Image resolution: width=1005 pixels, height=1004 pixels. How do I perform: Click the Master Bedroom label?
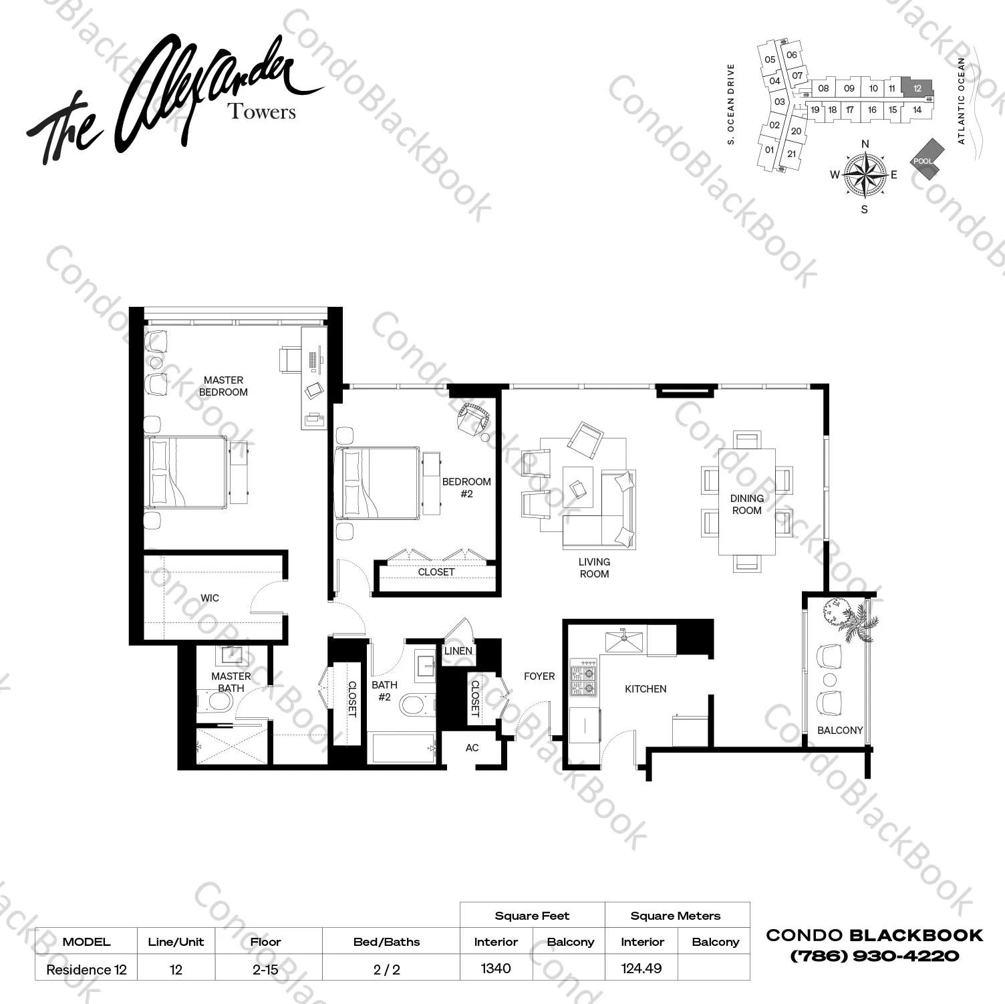pyautogui.click(x=223, y=386)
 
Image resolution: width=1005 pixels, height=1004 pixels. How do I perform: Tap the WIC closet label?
pyautogui.click(x=210, y=598)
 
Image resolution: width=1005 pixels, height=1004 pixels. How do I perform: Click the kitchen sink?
pyautogui.click(x=624, y=640)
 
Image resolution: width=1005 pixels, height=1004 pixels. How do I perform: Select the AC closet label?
pyautogui.click(x=472, y=748)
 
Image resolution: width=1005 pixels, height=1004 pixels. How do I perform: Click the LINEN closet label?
pyautogui.click(x=458, y=650)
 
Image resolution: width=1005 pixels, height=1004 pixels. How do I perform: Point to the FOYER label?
pyautogui.click(x=539, y=676)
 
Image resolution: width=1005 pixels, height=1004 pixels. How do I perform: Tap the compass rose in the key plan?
pyautogui.click(x=865, y=175)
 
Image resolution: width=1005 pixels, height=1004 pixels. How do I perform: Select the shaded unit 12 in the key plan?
pyautogui.click(x=917, y=88)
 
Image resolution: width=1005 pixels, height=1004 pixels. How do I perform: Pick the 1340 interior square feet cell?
pyautogui.click(x=496, y=968)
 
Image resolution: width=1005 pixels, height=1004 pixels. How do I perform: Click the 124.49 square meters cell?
pyautogui.click(x=641, y=968)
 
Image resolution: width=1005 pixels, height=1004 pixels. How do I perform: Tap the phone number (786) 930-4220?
pyautogui.click(x=874, y=956)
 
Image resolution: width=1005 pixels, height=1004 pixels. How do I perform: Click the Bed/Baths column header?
pyautogui.click(x=386, y=942)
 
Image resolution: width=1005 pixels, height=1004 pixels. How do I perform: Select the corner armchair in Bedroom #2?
pyautogui.click(x=472, y=420)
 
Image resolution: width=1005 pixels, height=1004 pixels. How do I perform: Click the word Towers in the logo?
pyautogui.click(x=262, y=111)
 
